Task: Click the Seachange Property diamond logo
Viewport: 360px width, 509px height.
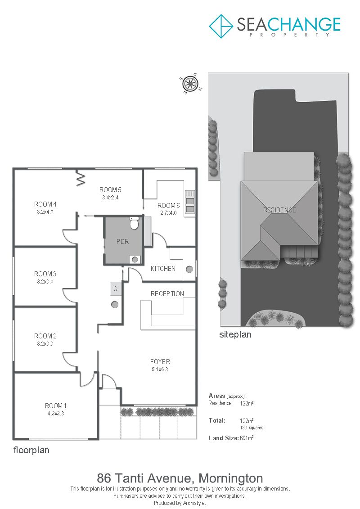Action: [221, 26]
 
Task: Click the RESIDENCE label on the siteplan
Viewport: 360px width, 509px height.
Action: [279, 210]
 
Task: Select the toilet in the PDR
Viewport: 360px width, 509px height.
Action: [134, 223]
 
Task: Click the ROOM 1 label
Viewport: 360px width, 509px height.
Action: [55, 406]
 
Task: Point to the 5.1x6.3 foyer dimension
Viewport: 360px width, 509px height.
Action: [160, 369]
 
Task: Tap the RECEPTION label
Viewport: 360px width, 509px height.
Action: [167, 294]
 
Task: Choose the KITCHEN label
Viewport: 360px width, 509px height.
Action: [163, 269]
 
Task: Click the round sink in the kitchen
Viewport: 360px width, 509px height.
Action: [189, 269]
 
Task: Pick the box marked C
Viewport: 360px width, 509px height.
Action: [115, 288]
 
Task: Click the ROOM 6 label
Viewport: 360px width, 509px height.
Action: [168, 206]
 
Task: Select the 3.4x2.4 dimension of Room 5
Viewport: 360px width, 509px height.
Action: [110, 198]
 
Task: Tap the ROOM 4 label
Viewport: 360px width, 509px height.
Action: [45, 204]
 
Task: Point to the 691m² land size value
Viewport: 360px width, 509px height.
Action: [247, 438]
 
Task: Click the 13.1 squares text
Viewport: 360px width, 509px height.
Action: [252, 428]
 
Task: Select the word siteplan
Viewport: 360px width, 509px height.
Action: [235, 335]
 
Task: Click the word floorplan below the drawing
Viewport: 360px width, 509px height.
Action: [31, 450]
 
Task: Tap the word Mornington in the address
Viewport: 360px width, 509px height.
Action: [230, 478]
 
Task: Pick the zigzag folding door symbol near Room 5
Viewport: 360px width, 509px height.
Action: [81, 178]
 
